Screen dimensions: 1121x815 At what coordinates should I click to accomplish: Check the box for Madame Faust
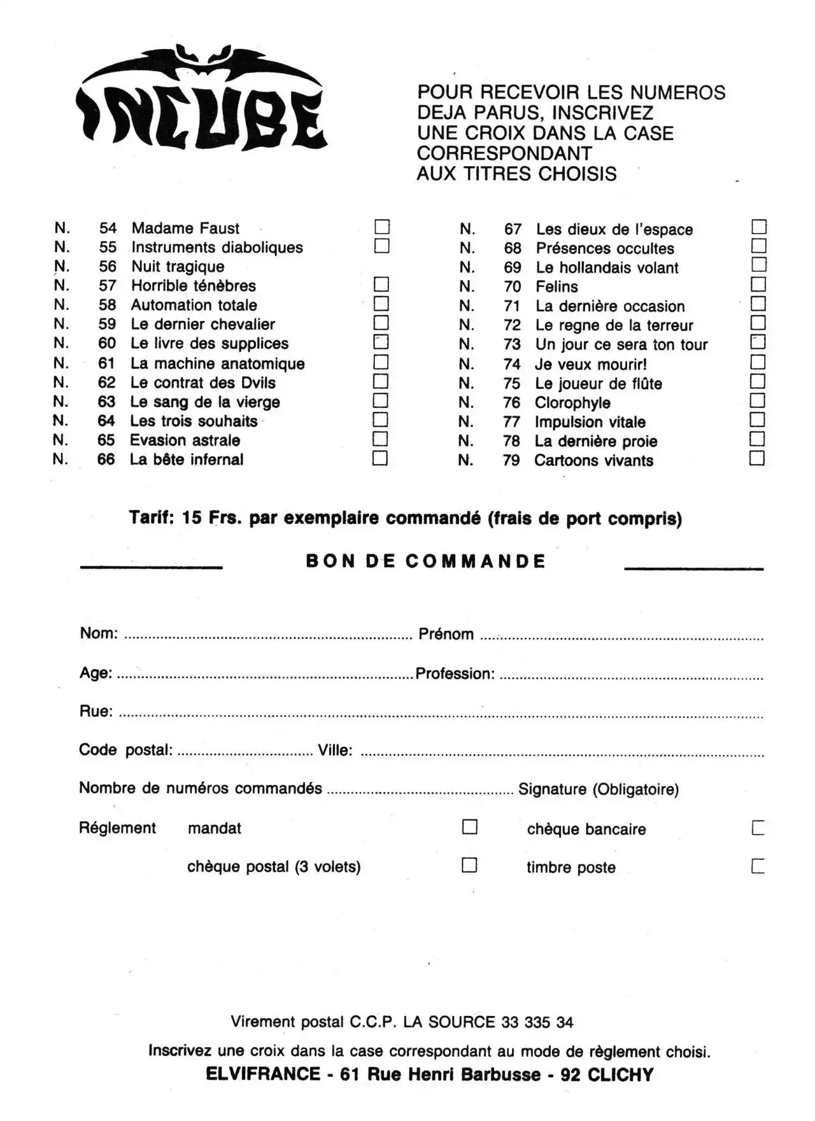tap(382, 227)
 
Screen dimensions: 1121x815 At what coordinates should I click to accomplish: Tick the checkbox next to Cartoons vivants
tap(756, 458)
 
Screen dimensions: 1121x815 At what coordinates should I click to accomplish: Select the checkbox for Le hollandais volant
tap(758, 265)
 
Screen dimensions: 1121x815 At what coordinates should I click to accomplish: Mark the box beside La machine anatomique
tap(381, 362)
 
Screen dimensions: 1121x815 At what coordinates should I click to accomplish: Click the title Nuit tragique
tap(178, 267)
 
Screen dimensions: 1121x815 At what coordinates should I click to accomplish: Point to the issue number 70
tap(513, 287)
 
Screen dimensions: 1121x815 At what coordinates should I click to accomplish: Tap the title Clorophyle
tap(572, 403)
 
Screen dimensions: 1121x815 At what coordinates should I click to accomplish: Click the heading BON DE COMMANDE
tap(425, 561)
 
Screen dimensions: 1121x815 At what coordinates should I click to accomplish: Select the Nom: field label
tap(99, 633)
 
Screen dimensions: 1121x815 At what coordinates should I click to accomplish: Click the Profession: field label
tap(455, 673)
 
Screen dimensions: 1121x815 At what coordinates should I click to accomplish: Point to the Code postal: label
tap(125, 750)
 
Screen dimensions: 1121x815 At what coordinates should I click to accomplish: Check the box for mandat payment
tap(469, 827)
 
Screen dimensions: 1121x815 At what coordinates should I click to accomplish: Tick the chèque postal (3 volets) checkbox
tap(469, 865)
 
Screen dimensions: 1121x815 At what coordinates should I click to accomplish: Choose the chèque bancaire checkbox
tap(758, 828)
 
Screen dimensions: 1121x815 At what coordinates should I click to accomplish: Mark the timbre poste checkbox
tap(758, 866)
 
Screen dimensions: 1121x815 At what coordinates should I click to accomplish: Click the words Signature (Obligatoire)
tap(598, 789)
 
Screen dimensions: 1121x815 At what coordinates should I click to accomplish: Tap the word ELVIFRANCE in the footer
tap(263, 1075)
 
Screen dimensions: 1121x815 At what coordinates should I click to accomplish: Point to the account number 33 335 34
tap(537, 1022)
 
